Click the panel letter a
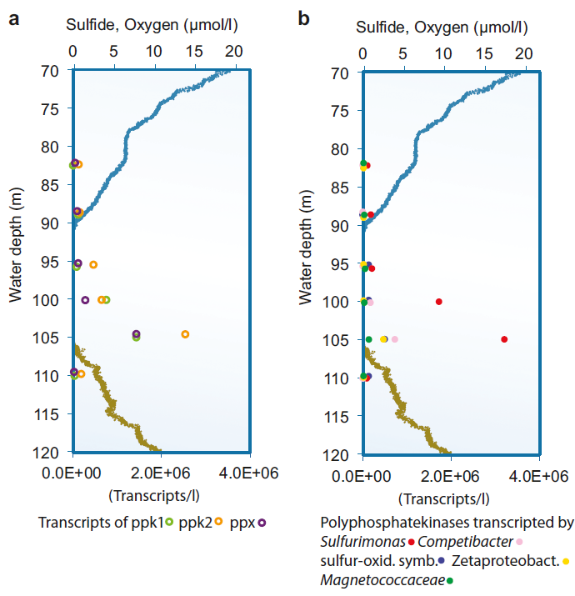pos(13,19)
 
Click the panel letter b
pos(304,18)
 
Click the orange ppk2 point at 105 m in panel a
pos(185,334)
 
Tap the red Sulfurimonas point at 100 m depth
pos(439,302)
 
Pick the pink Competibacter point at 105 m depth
pos(395,339)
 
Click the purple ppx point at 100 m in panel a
pos(85,300)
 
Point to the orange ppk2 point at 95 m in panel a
pos(93,265)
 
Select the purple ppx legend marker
pos(262,523)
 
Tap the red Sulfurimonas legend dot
pos(412,543)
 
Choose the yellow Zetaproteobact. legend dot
pos(567,561)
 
